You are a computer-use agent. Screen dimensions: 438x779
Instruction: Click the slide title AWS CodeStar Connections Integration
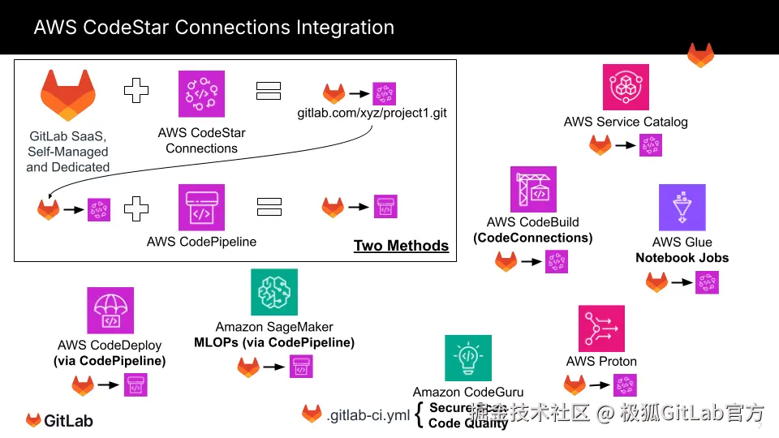pos(213,28)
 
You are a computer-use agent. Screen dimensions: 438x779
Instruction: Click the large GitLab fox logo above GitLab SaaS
pos(68,94)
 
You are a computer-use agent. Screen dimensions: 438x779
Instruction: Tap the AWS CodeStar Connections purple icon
pos(201,94)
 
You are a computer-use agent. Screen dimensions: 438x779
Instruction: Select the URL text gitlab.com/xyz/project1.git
pos(372,113)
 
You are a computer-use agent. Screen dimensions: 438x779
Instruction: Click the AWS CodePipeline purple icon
pos(201,208)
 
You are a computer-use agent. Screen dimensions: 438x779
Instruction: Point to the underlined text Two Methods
pos(401,246)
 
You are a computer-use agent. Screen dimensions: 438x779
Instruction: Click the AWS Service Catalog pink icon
pos(626,87)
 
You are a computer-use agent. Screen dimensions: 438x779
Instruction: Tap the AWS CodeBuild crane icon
pos(533,189)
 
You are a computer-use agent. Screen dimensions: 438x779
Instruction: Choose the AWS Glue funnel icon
pos(682,208)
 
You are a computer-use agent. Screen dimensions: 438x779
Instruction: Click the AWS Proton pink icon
pos(601,328)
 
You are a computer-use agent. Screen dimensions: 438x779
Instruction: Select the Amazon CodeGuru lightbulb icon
pos(467,358)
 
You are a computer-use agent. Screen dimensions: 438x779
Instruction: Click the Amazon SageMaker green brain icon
pos(274,292)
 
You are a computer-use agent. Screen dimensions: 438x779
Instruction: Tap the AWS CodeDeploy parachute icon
pos(110,311)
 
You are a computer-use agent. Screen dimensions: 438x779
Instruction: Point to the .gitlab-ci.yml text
pos(368,415)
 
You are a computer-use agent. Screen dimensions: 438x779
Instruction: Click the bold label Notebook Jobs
pos(682,258)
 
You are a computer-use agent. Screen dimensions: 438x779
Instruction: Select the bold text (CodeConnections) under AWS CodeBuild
pos(533,238)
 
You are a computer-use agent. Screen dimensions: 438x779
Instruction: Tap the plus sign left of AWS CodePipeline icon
pos(136,208)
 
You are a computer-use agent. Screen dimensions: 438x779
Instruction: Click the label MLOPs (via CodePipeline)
pos(274,343)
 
